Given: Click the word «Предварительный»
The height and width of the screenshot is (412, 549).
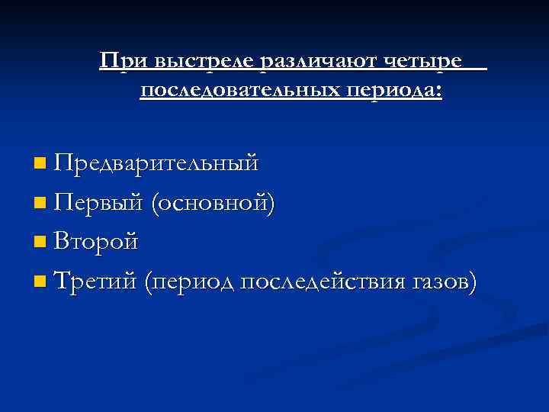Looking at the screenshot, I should [156, 163].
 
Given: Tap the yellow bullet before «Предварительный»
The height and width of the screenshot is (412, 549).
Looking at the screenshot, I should [40, 163].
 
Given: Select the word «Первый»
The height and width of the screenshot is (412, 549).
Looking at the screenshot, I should [99, 203].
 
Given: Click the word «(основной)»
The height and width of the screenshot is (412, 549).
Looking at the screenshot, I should [212, 203].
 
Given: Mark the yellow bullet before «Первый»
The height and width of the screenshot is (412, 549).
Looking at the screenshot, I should [40, 204].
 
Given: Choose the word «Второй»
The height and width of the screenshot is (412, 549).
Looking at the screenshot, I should [97, 243].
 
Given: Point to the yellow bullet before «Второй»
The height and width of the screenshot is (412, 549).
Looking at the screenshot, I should [40, 243].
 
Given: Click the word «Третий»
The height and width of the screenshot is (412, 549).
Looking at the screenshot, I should [97, 282].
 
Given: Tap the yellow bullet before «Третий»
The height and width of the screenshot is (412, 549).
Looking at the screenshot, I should [40, 283].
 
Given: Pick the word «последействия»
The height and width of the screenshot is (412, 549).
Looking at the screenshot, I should [323, 283].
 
